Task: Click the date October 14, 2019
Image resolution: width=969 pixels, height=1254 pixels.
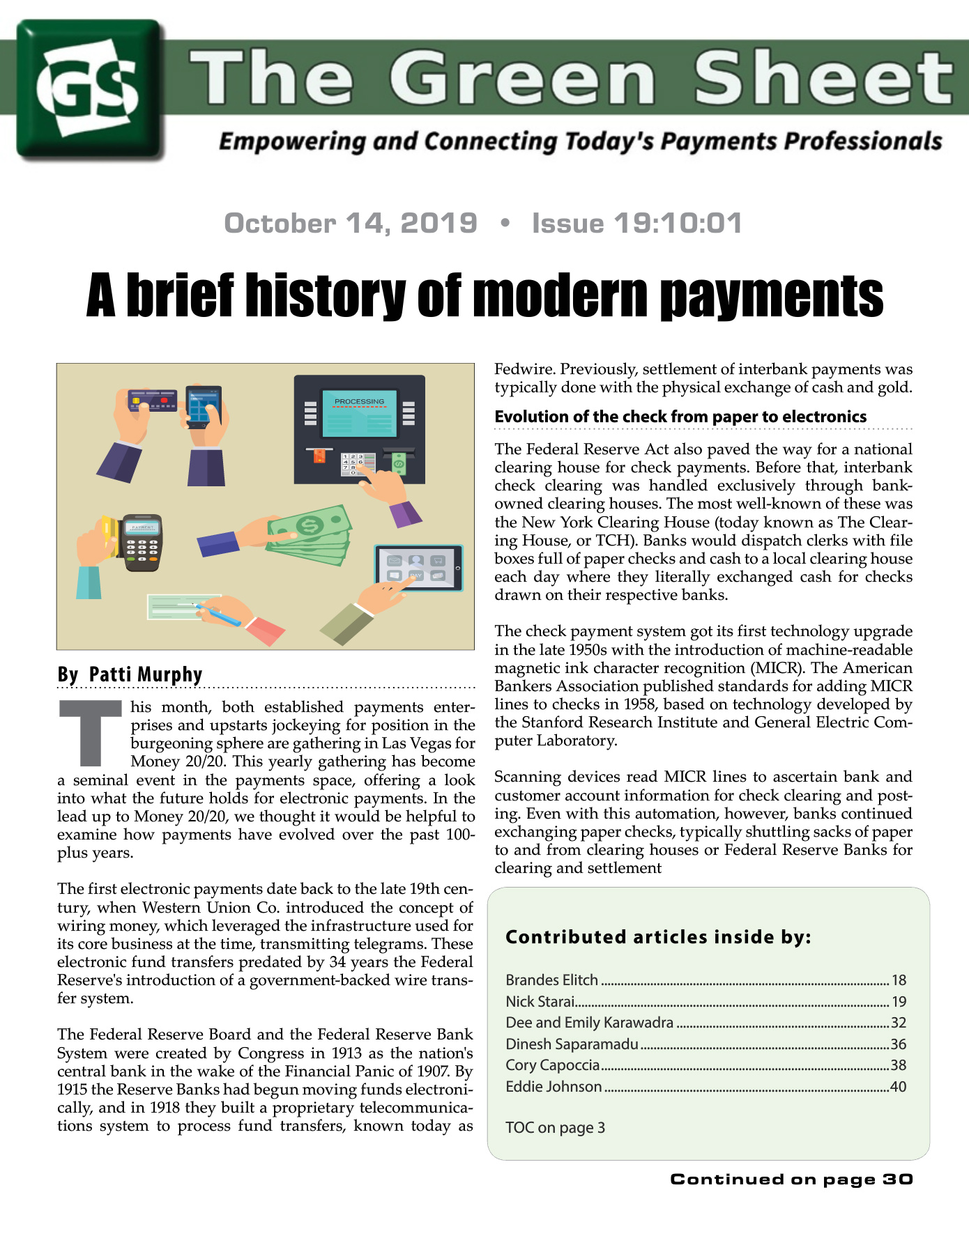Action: [x=351, y=224]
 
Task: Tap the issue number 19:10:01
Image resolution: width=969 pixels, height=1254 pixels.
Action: [x=678, y=224]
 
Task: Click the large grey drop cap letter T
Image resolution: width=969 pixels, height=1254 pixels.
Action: [x=91, y=732]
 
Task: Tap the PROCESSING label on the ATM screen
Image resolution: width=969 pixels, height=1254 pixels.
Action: [x=359, y=401]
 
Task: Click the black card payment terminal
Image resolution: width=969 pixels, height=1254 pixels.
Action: [x=142, y=543]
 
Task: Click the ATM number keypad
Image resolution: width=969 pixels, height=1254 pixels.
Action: [x=352, y=464]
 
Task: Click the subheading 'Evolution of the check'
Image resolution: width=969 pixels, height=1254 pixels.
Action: [x=680, y=417]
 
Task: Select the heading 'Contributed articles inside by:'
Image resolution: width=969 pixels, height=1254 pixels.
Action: [x=658, y=937]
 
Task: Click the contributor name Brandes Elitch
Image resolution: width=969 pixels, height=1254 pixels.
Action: [x=551, y=980]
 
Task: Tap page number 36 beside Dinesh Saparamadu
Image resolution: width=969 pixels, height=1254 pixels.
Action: [x=898, y=1044]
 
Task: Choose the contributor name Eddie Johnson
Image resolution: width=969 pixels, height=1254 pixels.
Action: [x=554, y=1087]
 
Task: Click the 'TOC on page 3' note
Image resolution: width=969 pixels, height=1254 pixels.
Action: [x=555, y=1128]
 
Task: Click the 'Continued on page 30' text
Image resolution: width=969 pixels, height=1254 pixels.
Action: [x=791, y=1179]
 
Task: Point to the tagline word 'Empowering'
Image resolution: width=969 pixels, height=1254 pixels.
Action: [x=292, y=141]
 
